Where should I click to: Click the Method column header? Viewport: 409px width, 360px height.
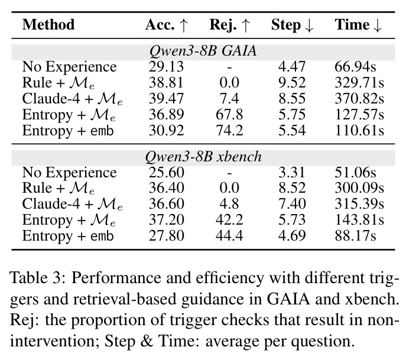48,25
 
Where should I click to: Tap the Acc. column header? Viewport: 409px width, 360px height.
167,25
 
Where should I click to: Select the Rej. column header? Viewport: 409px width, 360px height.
230,25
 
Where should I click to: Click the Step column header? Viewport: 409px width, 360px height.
292,25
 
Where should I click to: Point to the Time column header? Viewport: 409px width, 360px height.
358,25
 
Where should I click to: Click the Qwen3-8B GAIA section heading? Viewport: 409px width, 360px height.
203,51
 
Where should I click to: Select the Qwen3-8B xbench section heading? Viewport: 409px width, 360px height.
203,157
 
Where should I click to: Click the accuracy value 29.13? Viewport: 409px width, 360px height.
166,67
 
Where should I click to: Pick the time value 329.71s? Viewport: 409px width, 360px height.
359,83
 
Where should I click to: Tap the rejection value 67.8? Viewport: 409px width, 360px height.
229,115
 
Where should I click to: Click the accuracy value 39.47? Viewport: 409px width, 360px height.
166,99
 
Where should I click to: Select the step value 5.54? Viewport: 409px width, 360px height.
292,131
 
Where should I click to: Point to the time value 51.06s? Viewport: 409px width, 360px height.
355,173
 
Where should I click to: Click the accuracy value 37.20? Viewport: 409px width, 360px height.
166,220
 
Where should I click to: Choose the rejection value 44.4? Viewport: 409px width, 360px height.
229,235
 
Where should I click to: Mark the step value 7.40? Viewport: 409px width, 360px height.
292,204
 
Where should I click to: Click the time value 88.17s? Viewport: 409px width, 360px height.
355,235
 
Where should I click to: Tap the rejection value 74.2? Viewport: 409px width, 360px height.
229,131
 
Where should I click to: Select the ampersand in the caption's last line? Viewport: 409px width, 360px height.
147,341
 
